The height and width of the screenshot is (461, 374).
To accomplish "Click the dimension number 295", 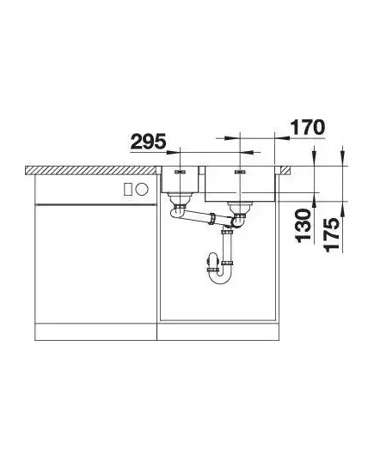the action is (148, 142).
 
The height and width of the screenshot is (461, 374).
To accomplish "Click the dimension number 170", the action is (308, 128).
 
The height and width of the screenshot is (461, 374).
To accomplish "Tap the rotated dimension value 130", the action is (303, 226).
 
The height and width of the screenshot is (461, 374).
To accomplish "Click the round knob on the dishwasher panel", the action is (142, 189).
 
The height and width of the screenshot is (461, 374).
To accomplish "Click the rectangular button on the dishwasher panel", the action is (128, 189).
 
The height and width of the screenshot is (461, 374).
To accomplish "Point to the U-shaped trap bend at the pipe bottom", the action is (220, 276).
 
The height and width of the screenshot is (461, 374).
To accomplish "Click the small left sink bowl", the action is (180, 179).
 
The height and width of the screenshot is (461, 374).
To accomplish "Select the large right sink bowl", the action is (240, 184).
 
